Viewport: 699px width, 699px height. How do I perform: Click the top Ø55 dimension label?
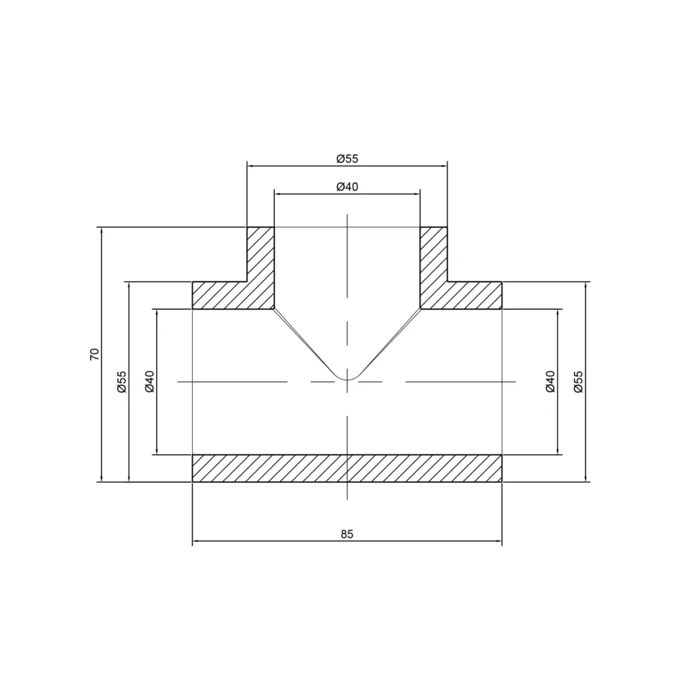coord(347,159)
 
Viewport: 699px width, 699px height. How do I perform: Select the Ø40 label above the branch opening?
coord(347,187)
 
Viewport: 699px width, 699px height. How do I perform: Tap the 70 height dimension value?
coord(95,354)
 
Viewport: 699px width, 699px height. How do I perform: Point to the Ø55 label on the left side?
coord(122,381)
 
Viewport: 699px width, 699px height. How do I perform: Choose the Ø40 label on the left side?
coord(150,381)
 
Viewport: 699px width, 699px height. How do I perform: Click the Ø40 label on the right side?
coord(550,381)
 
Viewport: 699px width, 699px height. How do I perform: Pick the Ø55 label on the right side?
coord(578,381)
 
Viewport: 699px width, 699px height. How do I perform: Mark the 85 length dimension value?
coord(347,534)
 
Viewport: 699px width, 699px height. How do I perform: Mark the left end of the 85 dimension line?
coord(193,542)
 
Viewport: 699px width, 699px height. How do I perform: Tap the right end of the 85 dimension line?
coord(502,542)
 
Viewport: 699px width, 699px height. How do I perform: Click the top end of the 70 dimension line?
coord(102,228)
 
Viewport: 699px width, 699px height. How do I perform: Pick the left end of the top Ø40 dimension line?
coord(274,194)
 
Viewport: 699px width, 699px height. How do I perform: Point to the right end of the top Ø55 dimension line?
coord(447,166)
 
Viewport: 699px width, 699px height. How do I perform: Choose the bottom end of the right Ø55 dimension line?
coord(585,482)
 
